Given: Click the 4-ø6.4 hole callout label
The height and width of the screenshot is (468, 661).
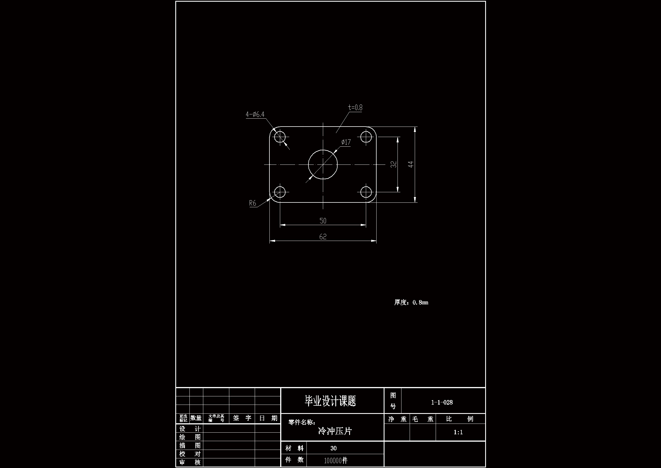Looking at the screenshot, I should [255, 114].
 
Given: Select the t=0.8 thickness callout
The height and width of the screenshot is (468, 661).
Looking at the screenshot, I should [355, 108].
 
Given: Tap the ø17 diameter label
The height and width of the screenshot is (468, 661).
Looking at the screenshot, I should [346, 142].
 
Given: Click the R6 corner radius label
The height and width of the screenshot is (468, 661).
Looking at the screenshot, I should [252, 203].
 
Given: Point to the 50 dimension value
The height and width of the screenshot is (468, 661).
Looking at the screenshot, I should [323, 221].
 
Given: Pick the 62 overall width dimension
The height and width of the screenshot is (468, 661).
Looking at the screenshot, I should [323, 237].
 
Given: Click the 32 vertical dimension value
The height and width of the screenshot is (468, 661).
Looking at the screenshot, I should [394, 164].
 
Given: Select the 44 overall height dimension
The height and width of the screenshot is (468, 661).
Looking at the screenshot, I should [411, 164].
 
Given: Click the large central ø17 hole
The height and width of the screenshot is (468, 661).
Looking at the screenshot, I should [323, 164].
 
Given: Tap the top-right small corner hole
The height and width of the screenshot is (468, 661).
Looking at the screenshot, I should [366, 137].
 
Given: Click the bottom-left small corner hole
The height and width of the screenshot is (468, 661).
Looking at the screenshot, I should [280, 192].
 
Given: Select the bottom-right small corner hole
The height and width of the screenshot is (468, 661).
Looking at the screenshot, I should [366, 192].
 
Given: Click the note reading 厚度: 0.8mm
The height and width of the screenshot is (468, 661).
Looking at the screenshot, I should [411, 302].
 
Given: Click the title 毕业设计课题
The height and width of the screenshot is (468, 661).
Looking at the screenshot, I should [330, 401].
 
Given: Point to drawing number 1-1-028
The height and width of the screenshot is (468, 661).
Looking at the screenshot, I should [442, 402].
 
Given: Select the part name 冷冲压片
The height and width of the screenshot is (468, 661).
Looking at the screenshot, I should [335, 431].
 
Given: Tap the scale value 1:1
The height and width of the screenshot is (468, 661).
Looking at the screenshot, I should [458, 432].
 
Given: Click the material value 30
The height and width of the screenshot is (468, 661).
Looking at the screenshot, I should [333, 448].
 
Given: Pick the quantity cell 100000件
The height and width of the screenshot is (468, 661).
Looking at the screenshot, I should [336, 461].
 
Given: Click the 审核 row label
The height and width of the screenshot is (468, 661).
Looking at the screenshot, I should [190, 463].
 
